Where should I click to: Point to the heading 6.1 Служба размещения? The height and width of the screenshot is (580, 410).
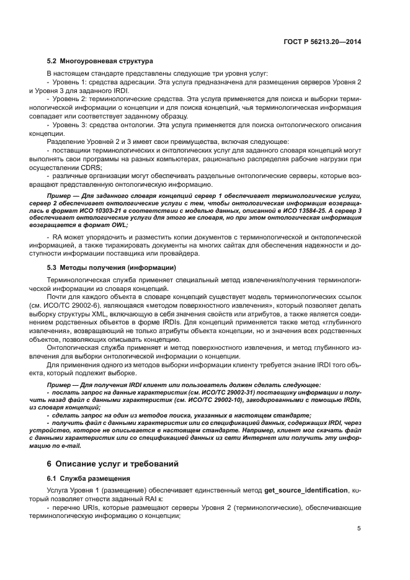coord(89,478)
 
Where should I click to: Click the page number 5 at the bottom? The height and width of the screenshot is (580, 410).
coord(359,529)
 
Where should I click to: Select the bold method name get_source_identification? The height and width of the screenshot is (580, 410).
coord(306,490)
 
